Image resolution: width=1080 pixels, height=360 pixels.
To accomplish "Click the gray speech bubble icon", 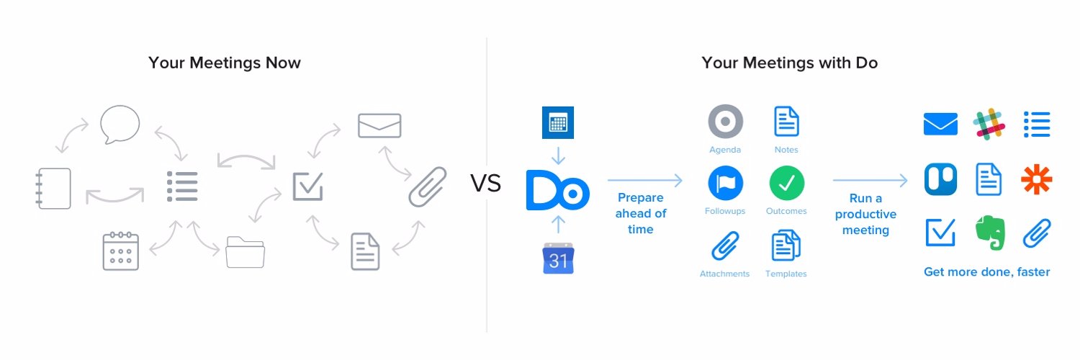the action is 120,124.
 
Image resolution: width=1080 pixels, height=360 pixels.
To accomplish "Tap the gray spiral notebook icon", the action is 54,188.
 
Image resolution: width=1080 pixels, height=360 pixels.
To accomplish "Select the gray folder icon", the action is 245,252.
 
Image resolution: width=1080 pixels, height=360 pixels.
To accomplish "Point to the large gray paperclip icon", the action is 427,186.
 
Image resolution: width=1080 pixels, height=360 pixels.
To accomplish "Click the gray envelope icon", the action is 379,126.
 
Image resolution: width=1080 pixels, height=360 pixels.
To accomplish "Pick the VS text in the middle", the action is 486,184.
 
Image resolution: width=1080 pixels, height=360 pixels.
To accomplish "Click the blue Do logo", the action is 557,190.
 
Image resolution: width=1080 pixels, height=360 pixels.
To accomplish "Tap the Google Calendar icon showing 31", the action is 558,258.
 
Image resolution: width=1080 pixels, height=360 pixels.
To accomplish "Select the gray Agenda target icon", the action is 724,122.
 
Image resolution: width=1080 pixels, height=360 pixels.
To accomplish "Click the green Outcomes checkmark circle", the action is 786,183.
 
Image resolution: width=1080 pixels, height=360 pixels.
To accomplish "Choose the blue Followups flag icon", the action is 724,183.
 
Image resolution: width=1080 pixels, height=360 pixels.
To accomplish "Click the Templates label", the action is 786,274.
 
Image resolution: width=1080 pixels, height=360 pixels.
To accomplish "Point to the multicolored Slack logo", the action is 989,124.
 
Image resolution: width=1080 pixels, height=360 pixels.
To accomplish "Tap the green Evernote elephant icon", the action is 989,233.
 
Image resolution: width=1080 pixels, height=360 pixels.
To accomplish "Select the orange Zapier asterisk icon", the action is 1037,179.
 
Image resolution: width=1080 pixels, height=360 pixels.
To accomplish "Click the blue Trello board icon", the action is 940,179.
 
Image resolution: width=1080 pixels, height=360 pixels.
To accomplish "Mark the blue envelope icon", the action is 940,124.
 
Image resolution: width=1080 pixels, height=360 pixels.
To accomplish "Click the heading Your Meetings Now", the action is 225,63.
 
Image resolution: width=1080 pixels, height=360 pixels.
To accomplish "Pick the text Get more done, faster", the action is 986,272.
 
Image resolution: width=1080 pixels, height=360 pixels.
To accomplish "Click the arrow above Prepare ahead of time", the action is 644,179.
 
